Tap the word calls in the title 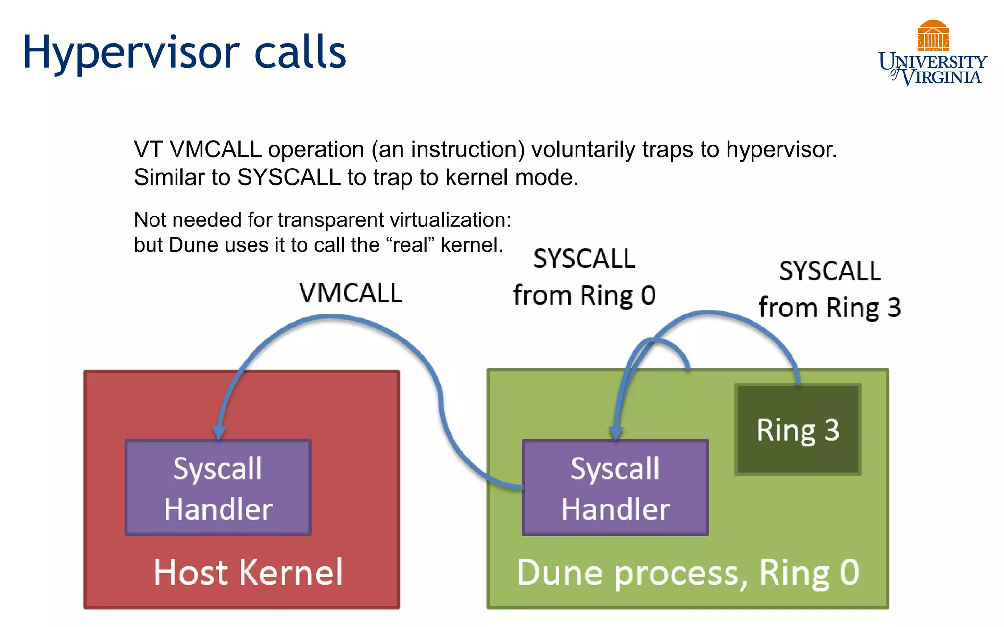tap(300, 52)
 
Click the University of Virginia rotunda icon tap(933, 35)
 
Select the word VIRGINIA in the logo tap(942, 77)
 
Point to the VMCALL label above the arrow tap(351, 293)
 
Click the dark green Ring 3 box tap(798, 430)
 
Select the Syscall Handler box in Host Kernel tap(218, 488)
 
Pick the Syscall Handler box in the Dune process tap(615, 488)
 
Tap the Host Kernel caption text tap(248, 572)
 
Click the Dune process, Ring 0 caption tap(688, 572)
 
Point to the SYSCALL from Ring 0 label tap(584, 277)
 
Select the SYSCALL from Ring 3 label tap(830, 289)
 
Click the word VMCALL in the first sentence tap(215, 149)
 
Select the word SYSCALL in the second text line tap(289, 177)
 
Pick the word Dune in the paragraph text tap(186, 245)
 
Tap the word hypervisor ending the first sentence tap(781, 149)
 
